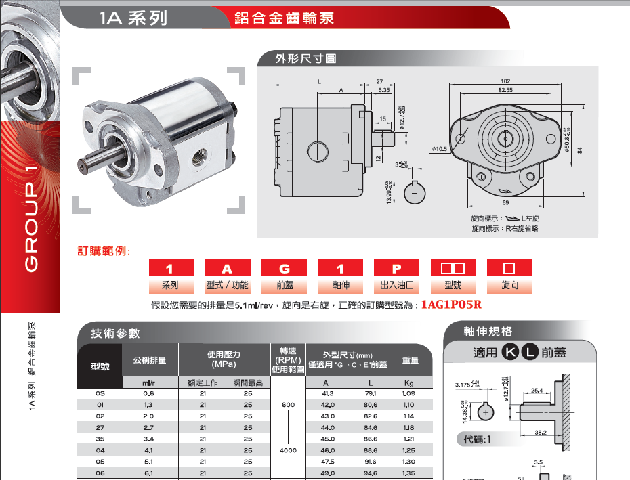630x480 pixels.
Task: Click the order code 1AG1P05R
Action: pos(450,305)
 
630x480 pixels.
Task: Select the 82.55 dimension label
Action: pos(505,90)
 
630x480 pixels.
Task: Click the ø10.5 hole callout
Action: pos(440,148)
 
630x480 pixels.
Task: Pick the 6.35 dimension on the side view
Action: pos(383,90)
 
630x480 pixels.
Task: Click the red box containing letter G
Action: pos(285,268)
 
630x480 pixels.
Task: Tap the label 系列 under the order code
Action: pos(171,286)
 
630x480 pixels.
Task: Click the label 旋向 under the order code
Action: pos(509,286)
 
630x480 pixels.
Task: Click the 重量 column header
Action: pos(411,361)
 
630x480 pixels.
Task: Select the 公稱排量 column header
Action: pos(149,361)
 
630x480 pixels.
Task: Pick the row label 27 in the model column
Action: pos(100,427)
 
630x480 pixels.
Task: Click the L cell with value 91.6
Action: pos(370,461)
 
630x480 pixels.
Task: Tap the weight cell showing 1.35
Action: pos(408,473)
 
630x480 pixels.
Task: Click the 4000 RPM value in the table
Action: pos(288,450)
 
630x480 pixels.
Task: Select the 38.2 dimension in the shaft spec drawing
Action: pos(541,432)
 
